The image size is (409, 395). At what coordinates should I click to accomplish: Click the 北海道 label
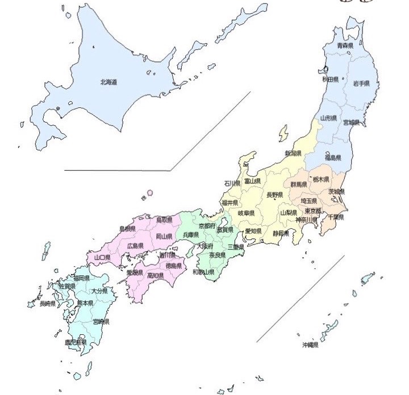coord(108,82)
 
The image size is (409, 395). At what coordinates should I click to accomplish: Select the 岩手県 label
coord(361,83)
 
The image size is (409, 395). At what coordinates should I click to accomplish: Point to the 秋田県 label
coord(330,80)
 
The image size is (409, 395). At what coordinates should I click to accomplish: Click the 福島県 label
coord(333,157)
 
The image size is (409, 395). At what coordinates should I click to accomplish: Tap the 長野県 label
coord(275,195)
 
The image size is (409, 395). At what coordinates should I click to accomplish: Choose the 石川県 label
coord(232,184)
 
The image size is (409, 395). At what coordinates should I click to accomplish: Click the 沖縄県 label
coord(310,344)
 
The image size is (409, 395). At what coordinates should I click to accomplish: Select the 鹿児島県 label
coord(76,342)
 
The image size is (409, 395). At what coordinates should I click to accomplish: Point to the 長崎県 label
coord(47,304)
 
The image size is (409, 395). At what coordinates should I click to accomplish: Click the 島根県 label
coord(127,229)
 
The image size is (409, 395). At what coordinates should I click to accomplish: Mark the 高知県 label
coord(155,276)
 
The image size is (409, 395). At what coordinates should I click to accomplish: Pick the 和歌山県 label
coord(203,272)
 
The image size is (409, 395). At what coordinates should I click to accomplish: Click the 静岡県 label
coord(280,233)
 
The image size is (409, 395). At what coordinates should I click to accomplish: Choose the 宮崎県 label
coord(101,322)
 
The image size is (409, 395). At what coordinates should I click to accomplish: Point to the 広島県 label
coord(135,246)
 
